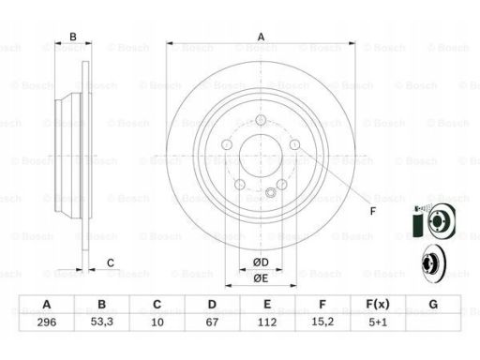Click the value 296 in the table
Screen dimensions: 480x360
47,322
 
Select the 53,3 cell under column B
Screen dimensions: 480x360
102,322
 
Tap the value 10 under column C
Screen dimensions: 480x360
157,322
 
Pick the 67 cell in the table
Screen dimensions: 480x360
212,322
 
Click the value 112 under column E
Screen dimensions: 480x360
267,322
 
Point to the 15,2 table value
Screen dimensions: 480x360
322,322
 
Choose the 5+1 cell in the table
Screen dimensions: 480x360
378,322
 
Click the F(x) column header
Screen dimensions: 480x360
378,304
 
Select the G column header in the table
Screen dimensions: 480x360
433,304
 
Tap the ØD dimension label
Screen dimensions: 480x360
261,262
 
